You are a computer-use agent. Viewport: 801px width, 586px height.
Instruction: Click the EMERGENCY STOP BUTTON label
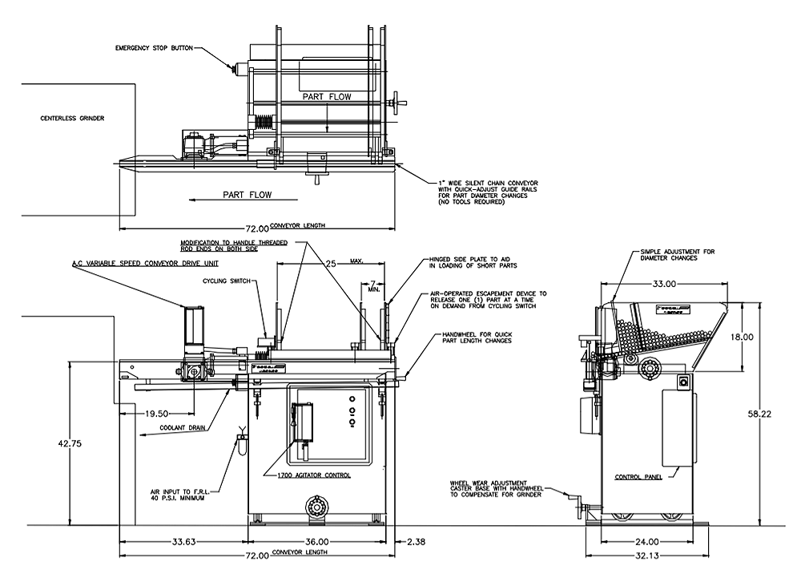(x=153, y=47)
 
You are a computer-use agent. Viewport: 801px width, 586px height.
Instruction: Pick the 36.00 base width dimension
(x=318, y=542)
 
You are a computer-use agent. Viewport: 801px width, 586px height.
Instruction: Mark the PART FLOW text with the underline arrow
(x=248, y=195)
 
